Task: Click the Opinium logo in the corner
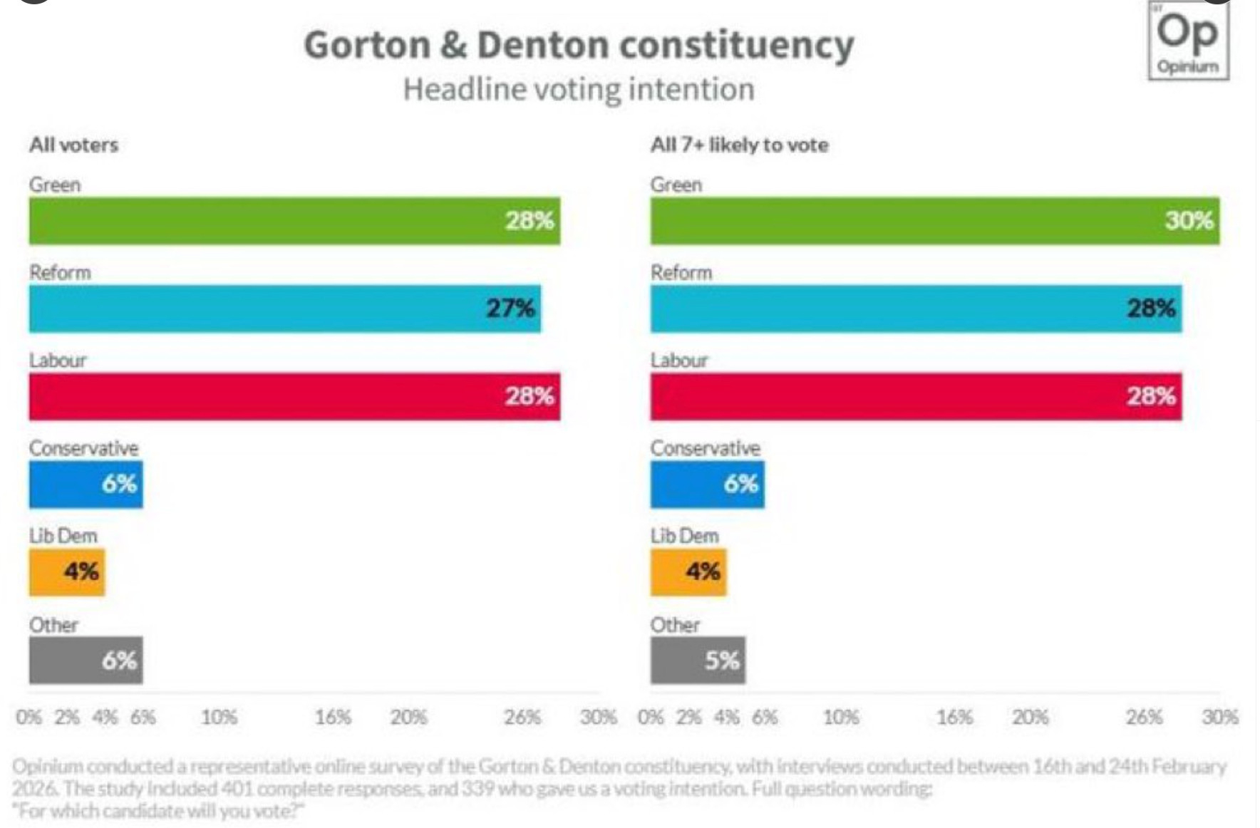(1188, 41)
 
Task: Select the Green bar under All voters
(294, 221)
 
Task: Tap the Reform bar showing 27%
(284, 309)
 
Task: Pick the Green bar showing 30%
(934, 221)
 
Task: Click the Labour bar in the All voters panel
(294, 396)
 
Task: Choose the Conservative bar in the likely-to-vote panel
(707, 485)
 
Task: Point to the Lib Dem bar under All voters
(66, 572)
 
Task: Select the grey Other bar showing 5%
(697, 661)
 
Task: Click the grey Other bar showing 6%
(86, 661)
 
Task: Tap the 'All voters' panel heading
(73, 145)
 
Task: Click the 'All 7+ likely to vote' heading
(739, 145)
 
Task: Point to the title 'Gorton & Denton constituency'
(579, 45)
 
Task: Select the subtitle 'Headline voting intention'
(579, 90)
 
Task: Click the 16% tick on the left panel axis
(333, 717)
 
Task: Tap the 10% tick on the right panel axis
(841, 717)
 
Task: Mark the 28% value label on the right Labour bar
(1150, 396)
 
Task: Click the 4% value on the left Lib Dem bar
(81, 571)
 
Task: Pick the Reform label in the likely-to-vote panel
(681, 272)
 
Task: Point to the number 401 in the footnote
(238, 790)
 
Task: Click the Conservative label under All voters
(83, 448)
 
